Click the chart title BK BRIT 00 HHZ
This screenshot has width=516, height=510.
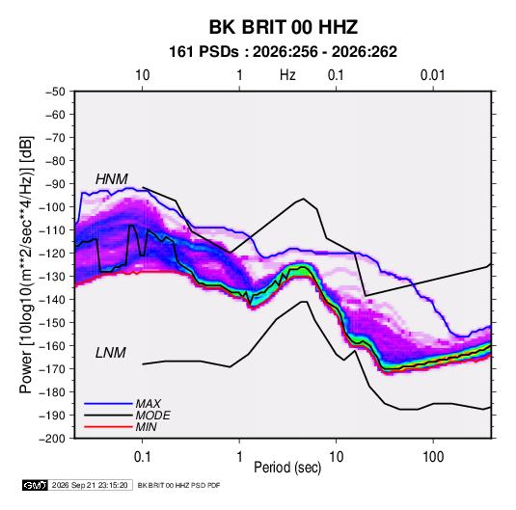pyautogui.click(x=284, y=27)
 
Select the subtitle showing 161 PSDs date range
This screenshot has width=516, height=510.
pyautogui.click(x=283, y=52)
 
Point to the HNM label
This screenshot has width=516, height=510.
pyautogui.click(x=112, y=179)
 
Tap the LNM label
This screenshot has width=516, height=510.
pyautogui.click(x=111, y=353)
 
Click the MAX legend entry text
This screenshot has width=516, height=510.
pyautogui.click(x=149, y=404)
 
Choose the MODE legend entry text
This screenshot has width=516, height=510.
pyautogui.click(x=152, y=416)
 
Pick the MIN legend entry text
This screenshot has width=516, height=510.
pyautogui.click(x=146, y=427)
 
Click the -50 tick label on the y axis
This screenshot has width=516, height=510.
pyautogui.click(x=56, y=92)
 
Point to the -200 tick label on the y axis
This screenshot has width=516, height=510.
pyautogui.click(x=52, y=439)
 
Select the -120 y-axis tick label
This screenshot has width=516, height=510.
pyautogui.click(x=52, y=254)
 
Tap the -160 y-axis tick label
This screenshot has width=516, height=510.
pyautogui.click(x=52, y=346)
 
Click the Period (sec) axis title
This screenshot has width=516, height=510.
pyautogui.click(x=287, y=468)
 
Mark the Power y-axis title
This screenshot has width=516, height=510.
pyautogui.click(x=26, y=265)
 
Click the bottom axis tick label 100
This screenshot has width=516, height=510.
pyautogui.click(x=433, y=457)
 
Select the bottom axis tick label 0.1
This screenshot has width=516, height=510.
pyautogui.click(x=142, y=457)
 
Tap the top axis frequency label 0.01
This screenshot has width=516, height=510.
pyautogui.click(x=432, y=75)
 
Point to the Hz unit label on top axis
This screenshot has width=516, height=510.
pyautogui.click(x=287, y=75)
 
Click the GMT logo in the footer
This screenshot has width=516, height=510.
pyautogui.click(x=35, y=485)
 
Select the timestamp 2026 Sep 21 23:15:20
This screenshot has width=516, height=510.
pyautogui.click(x=90, y=485)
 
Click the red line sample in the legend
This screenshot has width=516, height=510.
pyautogui.click(x=108, y=427)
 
